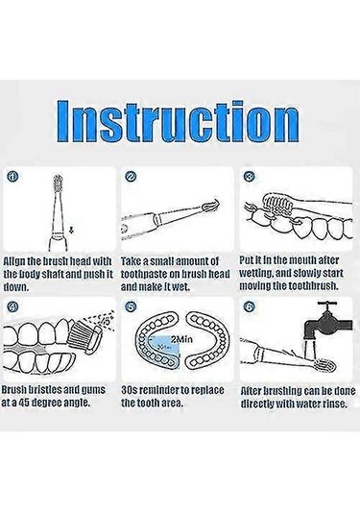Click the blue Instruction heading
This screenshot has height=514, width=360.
[x=179, y=121]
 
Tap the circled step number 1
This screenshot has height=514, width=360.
[x=12, y=177]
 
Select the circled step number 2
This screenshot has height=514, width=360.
[x=131, y=177]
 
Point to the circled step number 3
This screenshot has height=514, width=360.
[x=250, y=177]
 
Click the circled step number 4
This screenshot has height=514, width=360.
[x=12, y=306]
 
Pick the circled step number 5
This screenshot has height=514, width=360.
[x=131, y=306]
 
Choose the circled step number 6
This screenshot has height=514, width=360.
[x=249, y=306]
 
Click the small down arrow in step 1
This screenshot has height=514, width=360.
[x=71, y=231]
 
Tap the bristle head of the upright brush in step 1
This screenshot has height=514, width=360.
[x=58, y=184]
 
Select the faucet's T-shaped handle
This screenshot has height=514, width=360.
[x=326, y=306]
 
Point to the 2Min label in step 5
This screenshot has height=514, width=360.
[x=181, y=339]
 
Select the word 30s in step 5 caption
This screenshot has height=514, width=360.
[x=129, y=390]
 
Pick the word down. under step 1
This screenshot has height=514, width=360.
[x=16, y=287]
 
